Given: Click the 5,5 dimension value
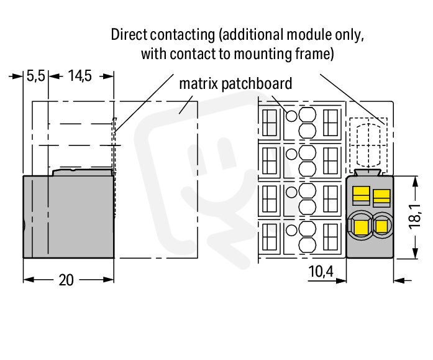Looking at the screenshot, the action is tap(35, 76).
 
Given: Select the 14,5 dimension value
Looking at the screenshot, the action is tap(80, 76).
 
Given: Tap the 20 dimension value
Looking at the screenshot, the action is tap(66, 280).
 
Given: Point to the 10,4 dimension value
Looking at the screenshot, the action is tap(321, 271).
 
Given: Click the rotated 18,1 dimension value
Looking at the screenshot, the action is tap(414, 216).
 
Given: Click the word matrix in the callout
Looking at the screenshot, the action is tap(199, 83).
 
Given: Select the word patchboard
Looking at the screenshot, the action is tap(257, 84).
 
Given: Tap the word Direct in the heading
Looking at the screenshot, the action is tap(129, 35).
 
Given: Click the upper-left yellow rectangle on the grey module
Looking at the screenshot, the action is tap(361, 193).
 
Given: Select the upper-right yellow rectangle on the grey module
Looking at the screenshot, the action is tap(381, 196).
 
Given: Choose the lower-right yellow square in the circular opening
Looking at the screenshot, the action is tap(381, 226).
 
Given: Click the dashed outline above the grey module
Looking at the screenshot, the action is tap(368, 118).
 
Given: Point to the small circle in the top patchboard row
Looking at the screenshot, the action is tap(291, 116).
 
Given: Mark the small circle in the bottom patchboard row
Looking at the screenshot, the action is tap(291, 231).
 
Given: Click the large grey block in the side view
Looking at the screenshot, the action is tap(68, 216).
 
